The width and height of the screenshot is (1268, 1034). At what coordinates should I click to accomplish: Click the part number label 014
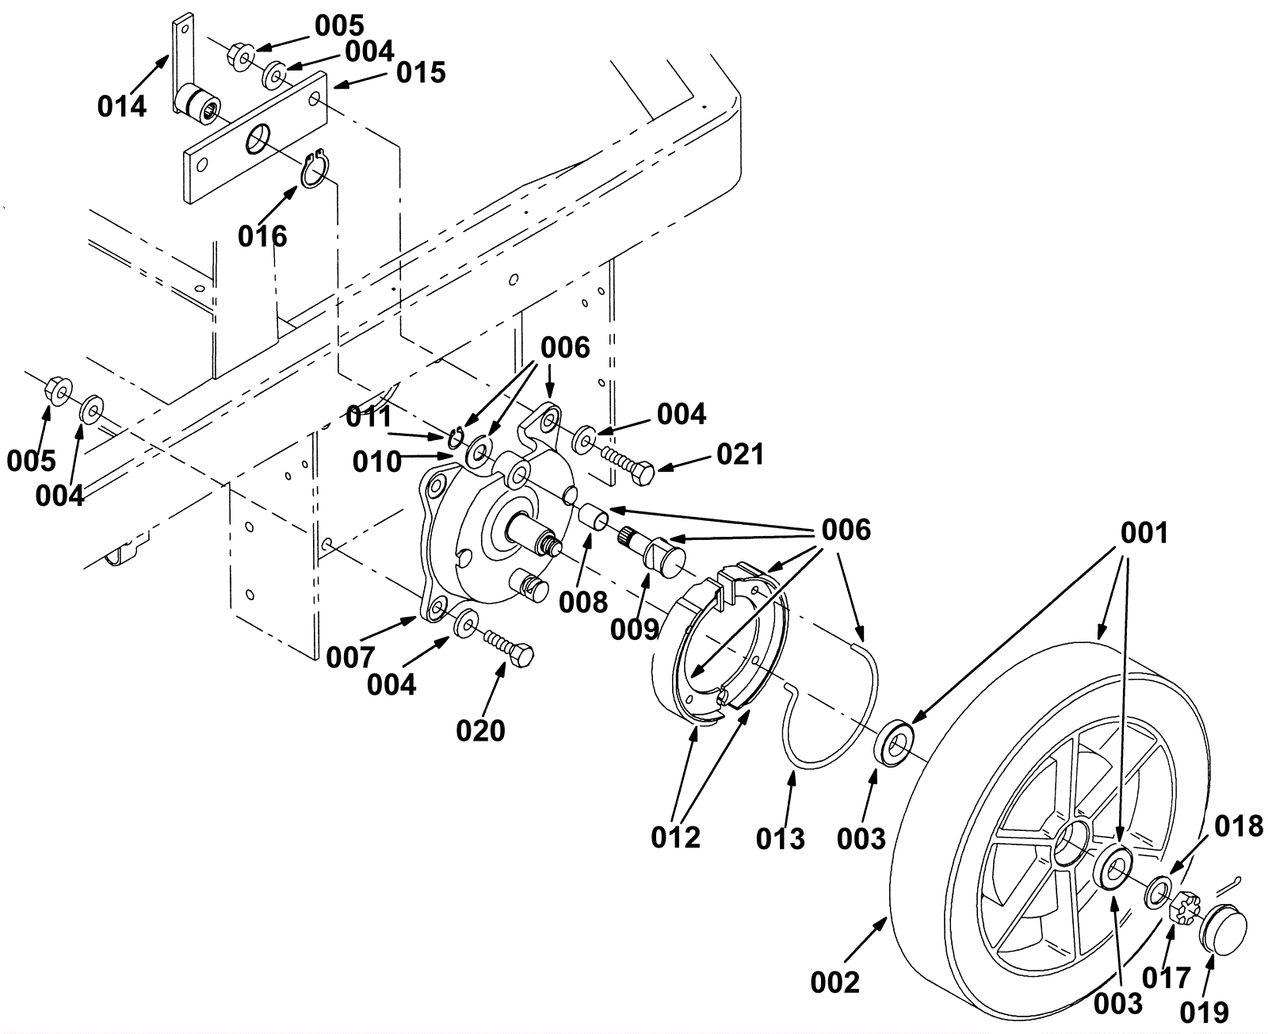pos(121,106)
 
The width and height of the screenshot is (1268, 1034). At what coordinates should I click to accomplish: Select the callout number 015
pos(421,73)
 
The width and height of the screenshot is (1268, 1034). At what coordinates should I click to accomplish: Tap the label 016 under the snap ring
pos(262,236)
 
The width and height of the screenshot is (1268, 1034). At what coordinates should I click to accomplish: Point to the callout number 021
pos(740,454)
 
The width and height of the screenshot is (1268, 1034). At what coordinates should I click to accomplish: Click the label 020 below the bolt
pos(480,731)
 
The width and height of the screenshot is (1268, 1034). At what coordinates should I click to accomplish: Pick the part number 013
pos(781,839)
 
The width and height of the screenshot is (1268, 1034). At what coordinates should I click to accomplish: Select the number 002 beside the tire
pos(835,982)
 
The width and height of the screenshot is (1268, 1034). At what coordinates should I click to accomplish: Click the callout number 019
pos(1205,1012)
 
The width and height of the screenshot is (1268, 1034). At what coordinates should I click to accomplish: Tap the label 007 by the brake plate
pos(350,657)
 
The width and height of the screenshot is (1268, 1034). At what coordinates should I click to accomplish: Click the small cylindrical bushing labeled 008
pos(593,515)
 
